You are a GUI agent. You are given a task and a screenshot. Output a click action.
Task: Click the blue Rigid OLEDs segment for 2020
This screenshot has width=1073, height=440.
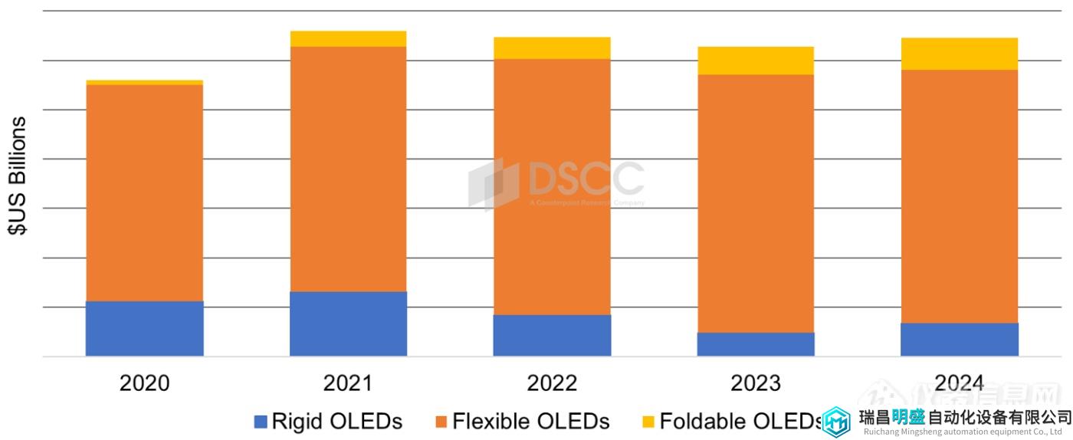point(144,328)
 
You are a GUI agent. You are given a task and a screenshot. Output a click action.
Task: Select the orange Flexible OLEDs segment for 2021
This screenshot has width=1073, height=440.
point(348,169)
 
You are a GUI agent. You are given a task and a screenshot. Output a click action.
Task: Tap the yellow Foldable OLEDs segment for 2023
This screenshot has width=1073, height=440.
point(755,61)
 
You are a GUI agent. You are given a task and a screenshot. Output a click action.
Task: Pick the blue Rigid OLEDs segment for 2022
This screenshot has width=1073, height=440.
point(552,335)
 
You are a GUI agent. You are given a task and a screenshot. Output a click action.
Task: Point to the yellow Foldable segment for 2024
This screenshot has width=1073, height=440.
point(959,54)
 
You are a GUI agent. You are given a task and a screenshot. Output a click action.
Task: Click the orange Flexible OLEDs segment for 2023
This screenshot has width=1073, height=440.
point(755,203)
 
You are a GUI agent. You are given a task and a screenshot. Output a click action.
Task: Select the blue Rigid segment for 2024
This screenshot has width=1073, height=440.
point(959,340)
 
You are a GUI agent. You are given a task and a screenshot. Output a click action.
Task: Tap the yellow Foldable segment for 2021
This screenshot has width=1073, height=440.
point(348,39)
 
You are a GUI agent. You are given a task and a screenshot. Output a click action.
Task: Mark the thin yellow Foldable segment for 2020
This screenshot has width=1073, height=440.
point(144,82)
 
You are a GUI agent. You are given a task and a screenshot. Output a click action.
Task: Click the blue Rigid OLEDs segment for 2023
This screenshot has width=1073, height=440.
point(755,344)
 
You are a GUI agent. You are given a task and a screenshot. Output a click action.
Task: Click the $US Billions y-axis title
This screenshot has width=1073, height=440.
point(17,176)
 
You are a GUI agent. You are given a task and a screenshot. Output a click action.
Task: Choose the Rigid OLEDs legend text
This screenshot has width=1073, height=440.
point(336,421)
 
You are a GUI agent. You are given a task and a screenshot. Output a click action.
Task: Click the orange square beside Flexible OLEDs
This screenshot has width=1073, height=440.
point(441,422)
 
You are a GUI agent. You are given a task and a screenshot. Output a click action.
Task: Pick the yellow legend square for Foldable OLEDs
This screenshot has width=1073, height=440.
point(648,422)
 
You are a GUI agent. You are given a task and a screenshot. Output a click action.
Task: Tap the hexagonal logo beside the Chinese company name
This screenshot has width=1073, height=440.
point(836,421)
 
